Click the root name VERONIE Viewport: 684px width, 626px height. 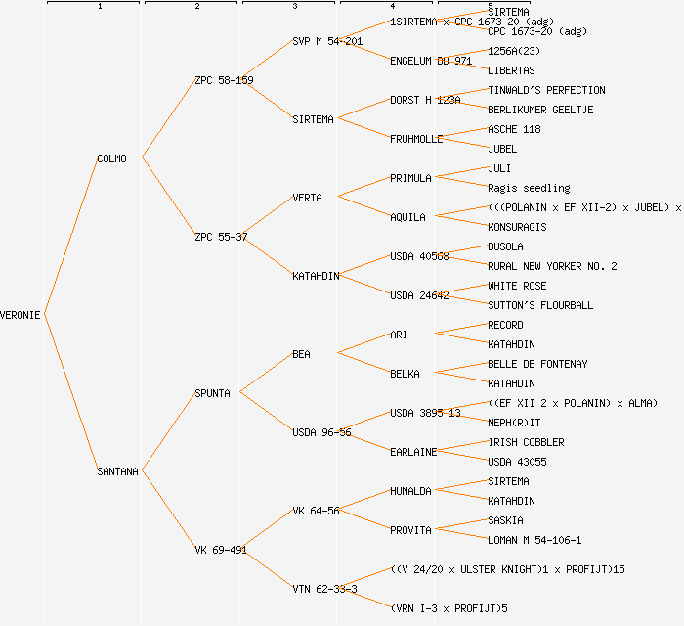pos(21,315)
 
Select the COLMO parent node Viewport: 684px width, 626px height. pos(111,158)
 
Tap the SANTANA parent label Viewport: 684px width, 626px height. pos(117,471)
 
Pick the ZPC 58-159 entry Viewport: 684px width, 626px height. pos(224,80)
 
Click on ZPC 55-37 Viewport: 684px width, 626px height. pos(221,237)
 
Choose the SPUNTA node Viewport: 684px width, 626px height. pos(212,393)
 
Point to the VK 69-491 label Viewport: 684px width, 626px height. pos(221,550)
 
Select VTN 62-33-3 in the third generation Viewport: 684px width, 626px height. pos(324,589)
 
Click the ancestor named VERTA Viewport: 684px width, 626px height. pos(307,198)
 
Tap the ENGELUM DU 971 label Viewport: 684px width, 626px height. pos(431,61)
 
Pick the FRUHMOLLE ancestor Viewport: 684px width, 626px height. pos(416,139)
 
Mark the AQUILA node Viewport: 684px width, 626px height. pos(407,217)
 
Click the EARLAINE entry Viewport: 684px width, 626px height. pos(413,452)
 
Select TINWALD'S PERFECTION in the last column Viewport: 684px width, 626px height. pos(546,90)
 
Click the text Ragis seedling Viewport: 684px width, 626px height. pos(529,188)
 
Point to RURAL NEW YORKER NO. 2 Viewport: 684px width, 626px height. pos(552,266)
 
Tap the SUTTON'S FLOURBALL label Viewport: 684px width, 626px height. pos(540,305)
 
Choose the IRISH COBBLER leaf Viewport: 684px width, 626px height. pos(526,442)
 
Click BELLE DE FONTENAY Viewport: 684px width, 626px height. pos(537,364)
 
